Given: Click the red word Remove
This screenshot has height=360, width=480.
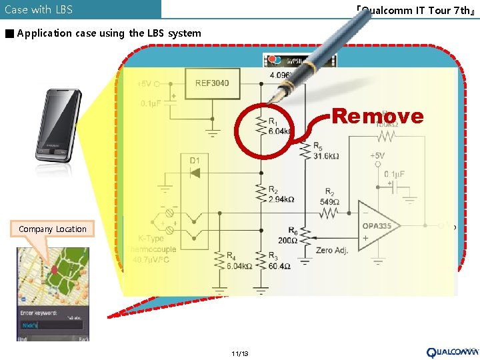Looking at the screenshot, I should [x=377, y=116].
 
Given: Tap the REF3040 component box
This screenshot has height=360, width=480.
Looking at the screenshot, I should [x=211, y=83].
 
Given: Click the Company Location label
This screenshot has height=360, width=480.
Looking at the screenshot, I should [x=53, y=229].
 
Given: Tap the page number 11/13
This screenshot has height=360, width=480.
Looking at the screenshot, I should [x=239, y=353].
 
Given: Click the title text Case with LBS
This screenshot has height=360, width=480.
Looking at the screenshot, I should [x=39, y=9].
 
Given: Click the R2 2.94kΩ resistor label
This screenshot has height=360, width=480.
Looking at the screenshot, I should [x=281, y=194].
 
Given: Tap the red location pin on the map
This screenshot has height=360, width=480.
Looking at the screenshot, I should [x=54, y=269].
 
